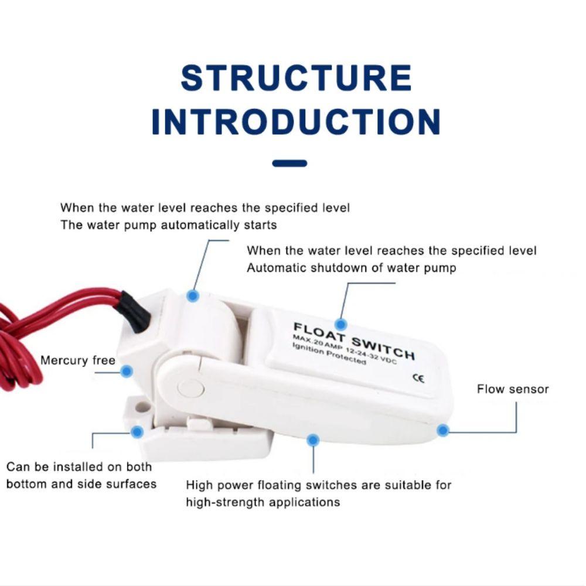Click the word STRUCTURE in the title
(296, 78)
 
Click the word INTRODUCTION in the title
(296, 122)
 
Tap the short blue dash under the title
(290, 163)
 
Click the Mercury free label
(77, 360)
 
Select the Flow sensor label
(512, 389)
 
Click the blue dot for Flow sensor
(443, 431)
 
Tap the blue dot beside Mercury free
(127, 371)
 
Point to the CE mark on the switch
(418, 378)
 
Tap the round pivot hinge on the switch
(190, 388)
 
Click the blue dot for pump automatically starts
(193, 296)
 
